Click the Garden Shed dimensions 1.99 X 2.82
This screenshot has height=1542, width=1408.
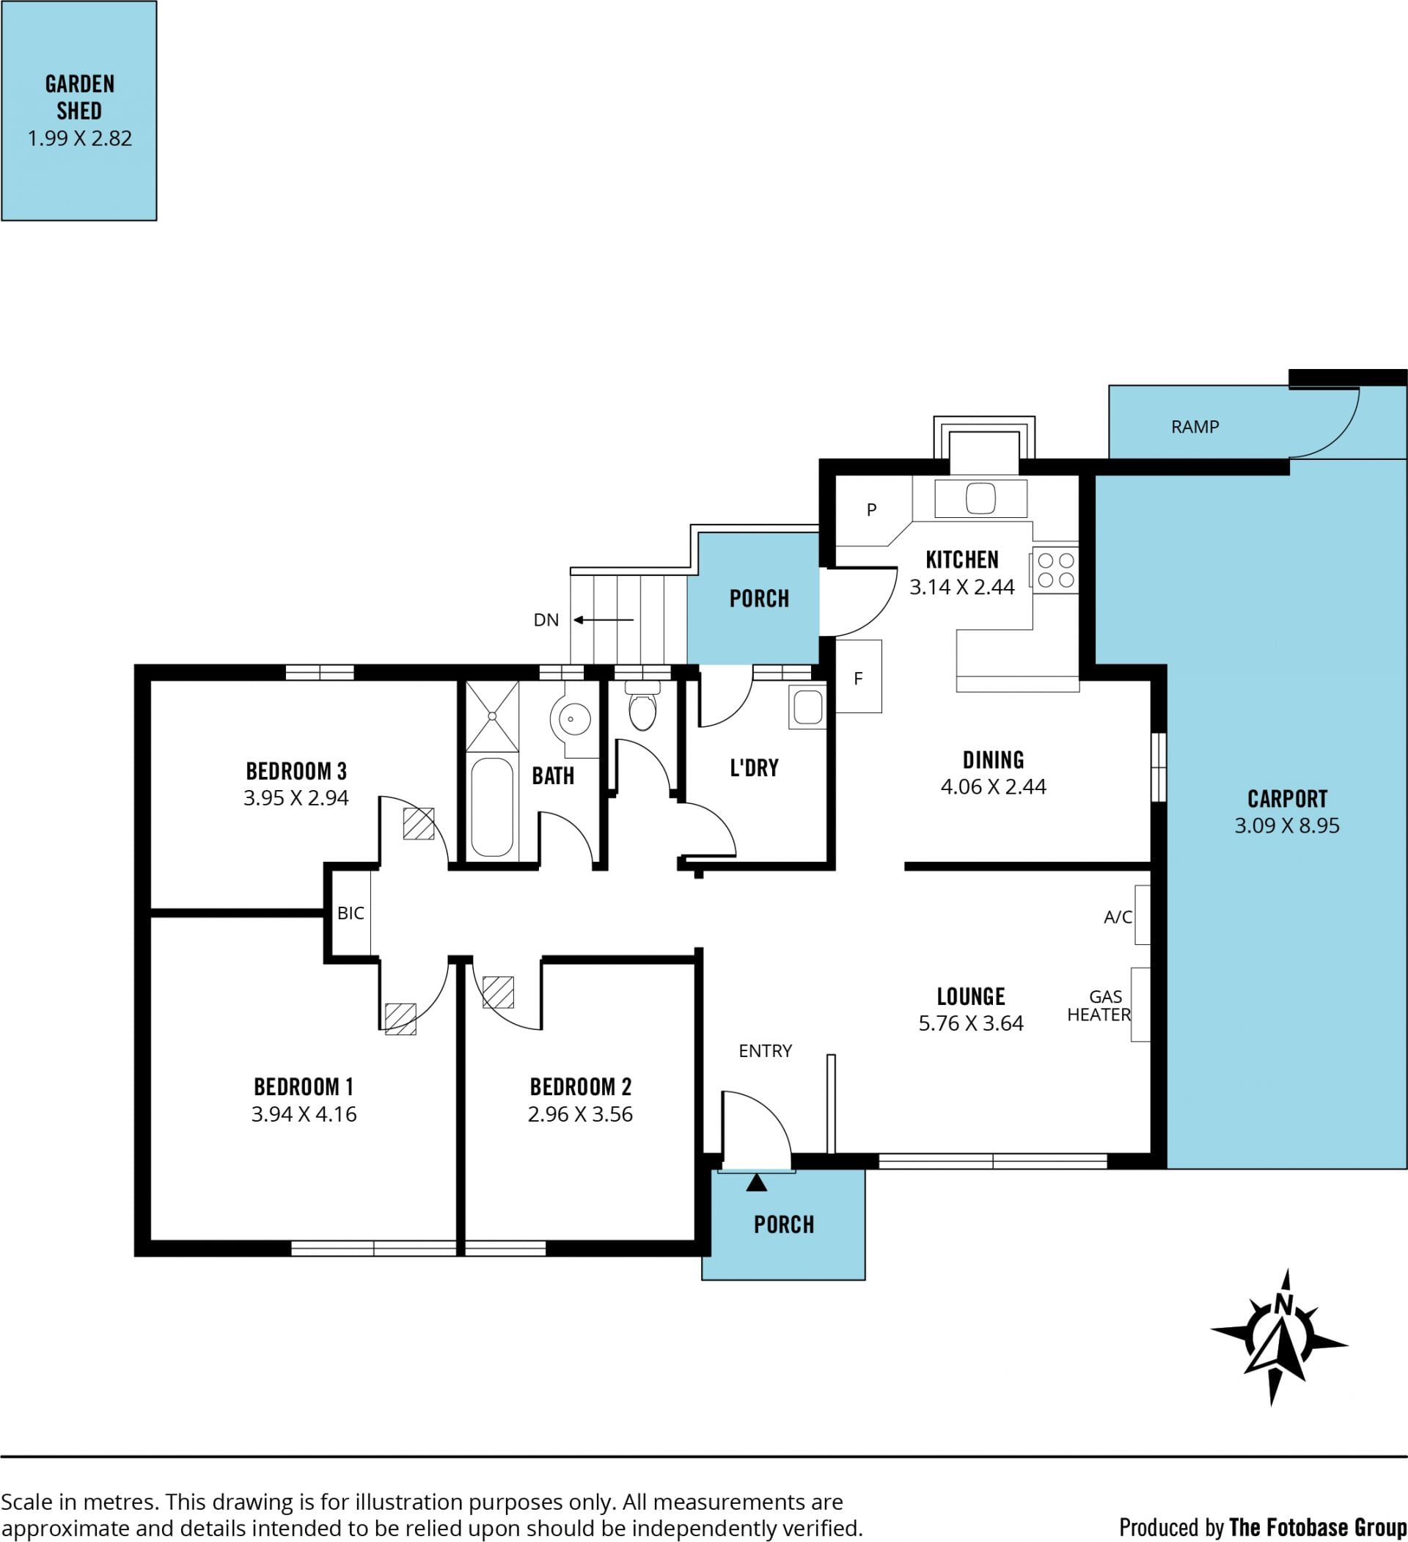[x=79, y=139]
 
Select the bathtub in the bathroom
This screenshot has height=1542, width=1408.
[x=491, y=807]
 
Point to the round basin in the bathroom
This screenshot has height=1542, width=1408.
[x=571, y=719]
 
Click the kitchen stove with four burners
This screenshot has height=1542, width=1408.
[x=1055, y=571]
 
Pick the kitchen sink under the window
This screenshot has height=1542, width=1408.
[x=980, y=499]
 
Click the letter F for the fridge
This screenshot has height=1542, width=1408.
[x=858, y=679]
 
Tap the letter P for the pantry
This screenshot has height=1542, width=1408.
[x=871, y=509]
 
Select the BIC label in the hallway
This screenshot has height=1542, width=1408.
[x=351, y=913]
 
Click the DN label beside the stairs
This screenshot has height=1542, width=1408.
[x=546, y=620]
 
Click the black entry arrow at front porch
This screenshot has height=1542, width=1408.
[x=756, y=1183]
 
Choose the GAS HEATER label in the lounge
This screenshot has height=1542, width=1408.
[x=1099, y=1006]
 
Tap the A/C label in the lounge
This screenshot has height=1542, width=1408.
[x=1118, y=917]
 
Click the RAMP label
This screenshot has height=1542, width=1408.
[x=1195, y=427]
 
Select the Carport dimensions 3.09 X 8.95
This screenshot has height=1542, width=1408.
[x=1287, y=825]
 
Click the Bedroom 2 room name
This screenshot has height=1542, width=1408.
[x=581, y=1087]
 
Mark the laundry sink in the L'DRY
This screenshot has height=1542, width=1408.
[x=807, y=706]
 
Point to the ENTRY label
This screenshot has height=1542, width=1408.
[x=765, y=1051]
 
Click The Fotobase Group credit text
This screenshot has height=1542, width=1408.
[x=1318, y=1527]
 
